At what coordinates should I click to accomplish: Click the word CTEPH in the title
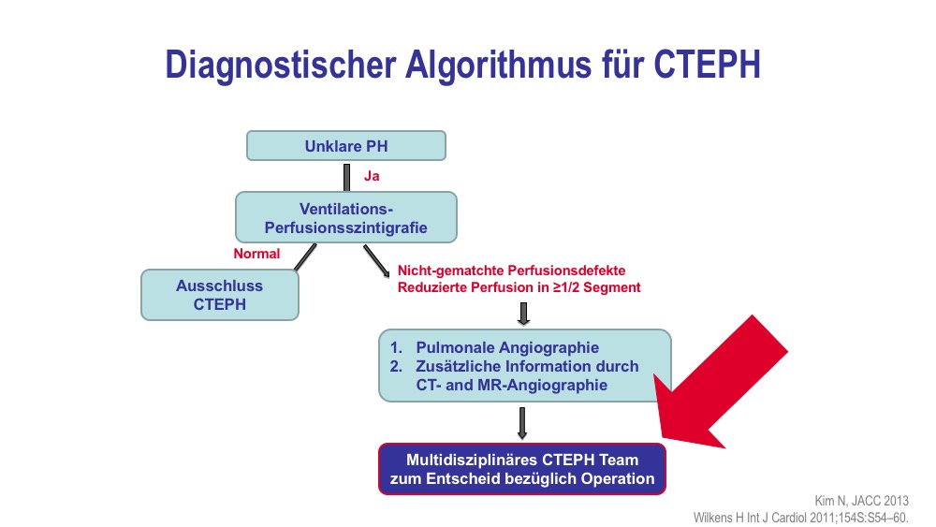(707, 65)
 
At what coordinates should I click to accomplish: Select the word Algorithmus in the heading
(499, 66)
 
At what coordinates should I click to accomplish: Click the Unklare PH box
(346, 146)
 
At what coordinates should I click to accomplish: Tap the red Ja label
(372, 176)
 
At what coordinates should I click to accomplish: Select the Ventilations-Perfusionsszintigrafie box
(346, 217)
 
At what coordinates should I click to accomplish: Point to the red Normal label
(256, 254)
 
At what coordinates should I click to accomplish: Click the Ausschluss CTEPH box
(220, 295)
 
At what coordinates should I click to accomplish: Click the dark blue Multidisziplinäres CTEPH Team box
(522, 469)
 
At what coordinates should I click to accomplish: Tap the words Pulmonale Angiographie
(507, 347)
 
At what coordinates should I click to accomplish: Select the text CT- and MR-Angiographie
(512, 385)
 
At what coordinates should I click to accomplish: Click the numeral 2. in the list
(396, 366)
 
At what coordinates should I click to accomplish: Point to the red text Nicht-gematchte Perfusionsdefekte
(512, 271)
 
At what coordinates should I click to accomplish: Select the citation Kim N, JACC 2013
(861, 501)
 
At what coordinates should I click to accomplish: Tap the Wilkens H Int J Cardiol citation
(800, 518)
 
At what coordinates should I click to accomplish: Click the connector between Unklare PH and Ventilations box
(347, 177)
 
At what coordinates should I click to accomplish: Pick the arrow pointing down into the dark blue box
(522, 423)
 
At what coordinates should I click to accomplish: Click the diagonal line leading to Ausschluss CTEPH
(306, 257)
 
